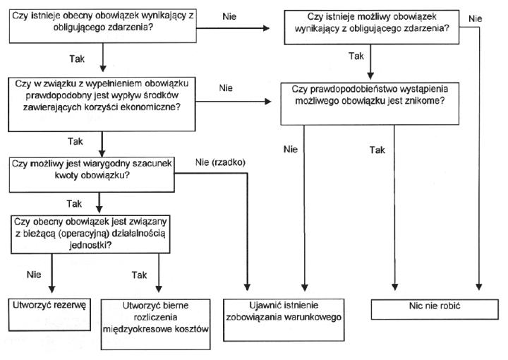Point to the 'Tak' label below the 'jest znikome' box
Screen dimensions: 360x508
(x=378, y=150)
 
